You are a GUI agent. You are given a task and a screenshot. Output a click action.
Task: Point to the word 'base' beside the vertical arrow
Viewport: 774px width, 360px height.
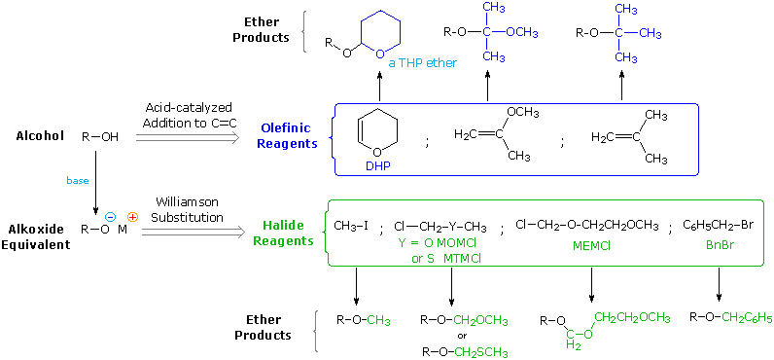[77, 181]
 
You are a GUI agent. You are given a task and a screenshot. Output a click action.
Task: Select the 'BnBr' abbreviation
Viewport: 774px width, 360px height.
[719, 247]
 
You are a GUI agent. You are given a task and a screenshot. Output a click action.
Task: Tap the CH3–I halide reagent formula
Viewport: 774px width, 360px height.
[351, 226]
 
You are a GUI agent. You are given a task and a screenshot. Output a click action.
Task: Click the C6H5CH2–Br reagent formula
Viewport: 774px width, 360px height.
[719, 225]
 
